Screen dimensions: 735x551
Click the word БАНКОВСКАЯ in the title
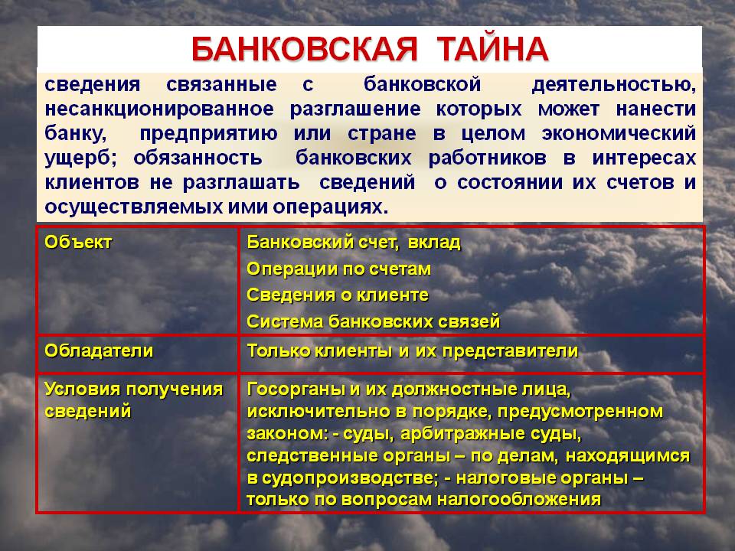304,49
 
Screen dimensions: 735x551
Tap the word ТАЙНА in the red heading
492,48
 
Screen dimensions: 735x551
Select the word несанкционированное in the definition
159,109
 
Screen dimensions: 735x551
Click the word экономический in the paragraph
619,133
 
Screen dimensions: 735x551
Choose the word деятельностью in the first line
613,85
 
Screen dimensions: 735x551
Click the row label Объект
78,243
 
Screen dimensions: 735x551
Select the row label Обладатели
99,351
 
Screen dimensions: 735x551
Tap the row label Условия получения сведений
133,399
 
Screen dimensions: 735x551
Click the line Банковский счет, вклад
354,243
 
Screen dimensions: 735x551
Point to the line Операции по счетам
338,269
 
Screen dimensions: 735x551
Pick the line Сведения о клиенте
338,295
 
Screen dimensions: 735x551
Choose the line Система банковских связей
373,322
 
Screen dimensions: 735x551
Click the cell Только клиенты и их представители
413,351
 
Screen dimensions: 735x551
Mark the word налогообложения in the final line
519,500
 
